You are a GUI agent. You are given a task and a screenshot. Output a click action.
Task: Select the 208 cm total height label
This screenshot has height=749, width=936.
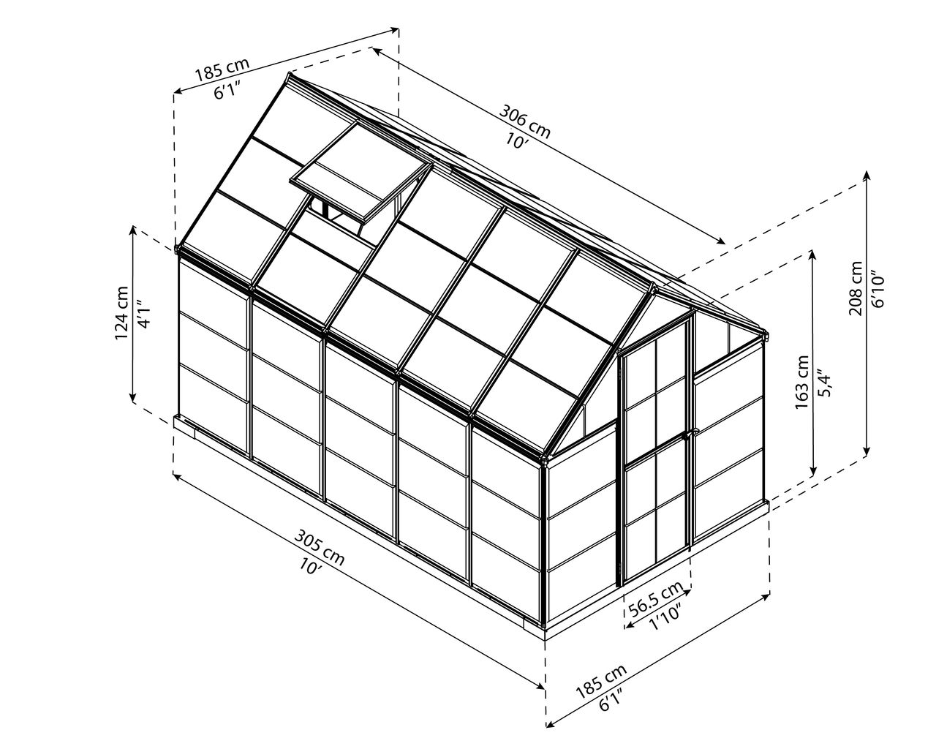856,288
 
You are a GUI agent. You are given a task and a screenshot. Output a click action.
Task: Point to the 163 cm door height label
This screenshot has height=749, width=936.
801,382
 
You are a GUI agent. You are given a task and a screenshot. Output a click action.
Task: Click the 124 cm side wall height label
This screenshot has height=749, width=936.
122,313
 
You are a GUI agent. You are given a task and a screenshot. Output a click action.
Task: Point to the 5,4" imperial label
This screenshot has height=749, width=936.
823,383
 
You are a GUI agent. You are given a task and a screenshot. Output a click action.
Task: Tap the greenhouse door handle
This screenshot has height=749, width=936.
687,435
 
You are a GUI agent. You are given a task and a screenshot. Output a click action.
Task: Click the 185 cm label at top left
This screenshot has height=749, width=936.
222,69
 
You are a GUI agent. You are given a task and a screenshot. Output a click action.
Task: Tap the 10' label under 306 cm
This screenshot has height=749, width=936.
516,140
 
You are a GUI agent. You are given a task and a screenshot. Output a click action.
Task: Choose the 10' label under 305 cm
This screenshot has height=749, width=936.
309,566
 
